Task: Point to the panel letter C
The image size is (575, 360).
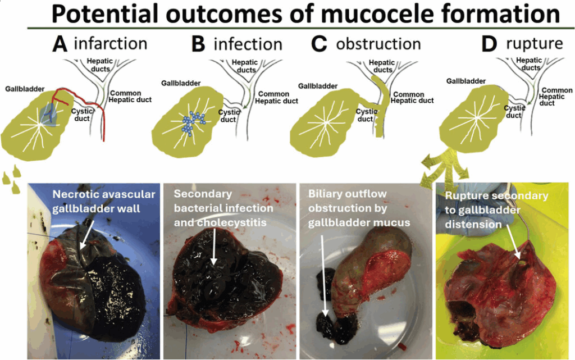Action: coord(319,44)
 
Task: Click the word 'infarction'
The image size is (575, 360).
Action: coord(110,43)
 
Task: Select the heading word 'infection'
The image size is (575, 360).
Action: coord(248,44)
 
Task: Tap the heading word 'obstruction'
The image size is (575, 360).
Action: coord(378,44)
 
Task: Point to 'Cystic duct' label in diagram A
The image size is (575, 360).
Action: coord(81,115)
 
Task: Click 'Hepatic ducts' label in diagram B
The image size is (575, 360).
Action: coord(245,66)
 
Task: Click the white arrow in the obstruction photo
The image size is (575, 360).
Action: coord(324,275)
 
